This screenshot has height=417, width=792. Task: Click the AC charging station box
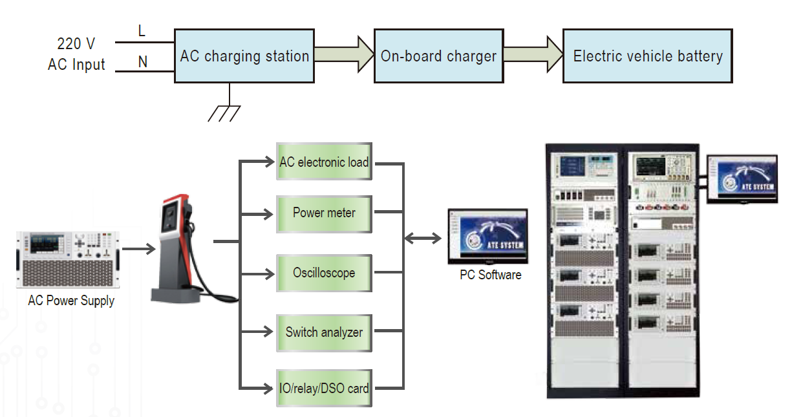click(244, 56)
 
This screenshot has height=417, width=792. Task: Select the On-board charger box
click(438, 56)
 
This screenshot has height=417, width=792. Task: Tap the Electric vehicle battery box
click(647, 56)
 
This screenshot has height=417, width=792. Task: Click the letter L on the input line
click(142, 30)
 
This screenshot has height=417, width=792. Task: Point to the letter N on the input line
click(143, 62)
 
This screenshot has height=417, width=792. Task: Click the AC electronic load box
click(324, 162)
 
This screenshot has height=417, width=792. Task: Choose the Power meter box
click(324, 213)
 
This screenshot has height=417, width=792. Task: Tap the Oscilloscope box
click(324, 273)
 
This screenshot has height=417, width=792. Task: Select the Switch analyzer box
click(324, 332)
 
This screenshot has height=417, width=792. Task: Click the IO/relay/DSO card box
click(324, 389)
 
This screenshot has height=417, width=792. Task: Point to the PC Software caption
click(490, 275)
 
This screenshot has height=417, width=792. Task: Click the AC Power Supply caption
click(71, 301)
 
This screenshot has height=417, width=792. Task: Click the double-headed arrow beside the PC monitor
click(423, 239)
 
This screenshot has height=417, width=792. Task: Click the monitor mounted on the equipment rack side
click(742, 179)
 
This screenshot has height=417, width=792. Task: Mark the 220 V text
click(76, 44)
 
